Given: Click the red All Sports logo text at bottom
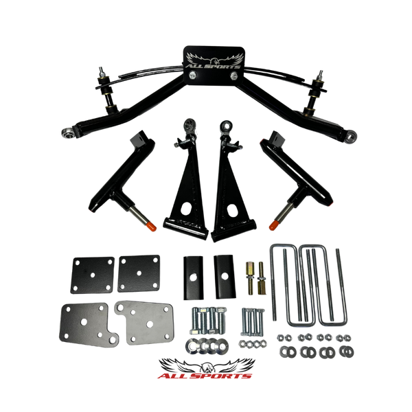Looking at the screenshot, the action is click(205, 376).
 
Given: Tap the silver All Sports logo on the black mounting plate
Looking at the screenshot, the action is click(214, 61).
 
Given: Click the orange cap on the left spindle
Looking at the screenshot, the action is click(152, 226).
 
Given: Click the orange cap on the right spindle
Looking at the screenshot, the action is click(274, 225).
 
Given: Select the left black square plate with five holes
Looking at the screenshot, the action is click(93, 275).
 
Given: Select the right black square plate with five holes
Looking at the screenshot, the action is click(139, 273).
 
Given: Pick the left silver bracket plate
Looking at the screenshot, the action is click(87, 325).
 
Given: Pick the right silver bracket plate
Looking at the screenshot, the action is click(145, 323).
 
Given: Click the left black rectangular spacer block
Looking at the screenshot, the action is click(194, 278).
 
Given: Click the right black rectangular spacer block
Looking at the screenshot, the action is click(225, 277).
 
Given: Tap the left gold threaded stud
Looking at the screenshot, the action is click(250, 277).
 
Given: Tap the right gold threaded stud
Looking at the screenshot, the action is click(261, 278).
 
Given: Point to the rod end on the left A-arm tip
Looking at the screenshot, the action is click(68, 133).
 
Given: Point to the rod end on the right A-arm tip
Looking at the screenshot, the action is click(351, 136).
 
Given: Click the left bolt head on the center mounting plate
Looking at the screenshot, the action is click(193, 76).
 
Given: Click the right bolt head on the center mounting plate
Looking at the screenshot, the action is click(234, 76).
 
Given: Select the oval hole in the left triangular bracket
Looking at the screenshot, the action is click(186, 208).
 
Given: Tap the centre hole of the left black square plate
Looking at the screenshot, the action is click(93, 275).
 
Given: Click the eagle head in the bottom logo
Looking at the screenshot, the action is click(207, 367).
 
